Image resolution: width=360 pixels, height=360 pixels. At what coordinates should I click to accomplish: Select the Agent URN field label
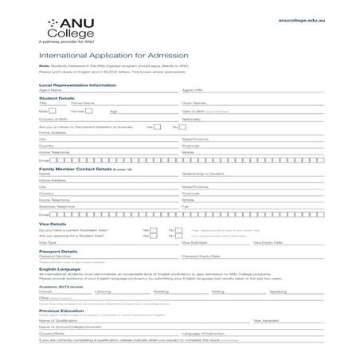pyautogui.click(x=193, y=91)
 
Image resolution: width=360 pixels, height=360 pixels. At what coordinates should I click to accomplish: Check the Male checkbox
pyautogui.click(x=60, y=111)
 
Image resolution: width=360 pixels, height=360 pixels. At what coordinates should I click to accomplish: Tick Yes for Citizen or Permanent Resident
pyautogui.click(x=161, y=126)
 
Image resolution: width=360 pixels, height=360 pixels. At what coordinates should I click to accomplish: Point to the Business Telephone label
pyautogui.click(x=56, y=206)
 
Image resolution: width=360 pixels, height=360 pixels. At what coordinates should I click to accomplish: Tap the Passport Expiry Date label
pyautogui.click(x=201, y=256)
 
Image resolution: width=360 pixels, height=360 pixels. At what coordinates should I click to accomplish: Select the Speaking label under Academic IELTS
pyautogui.click(x=278, y=292)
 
